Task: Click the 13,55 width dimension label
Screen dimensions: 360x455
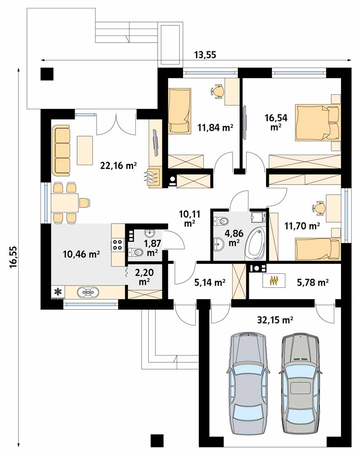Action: click(205, 54)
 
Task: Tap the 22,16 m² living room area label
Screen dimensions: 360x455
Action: click(118, 166)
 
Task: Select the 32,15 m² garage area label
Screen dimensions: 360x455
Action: click(275, 320)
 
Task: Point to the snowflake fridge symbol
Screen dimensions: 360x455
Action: click(58, 292)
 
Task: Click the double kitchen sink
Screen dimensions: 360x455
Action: click(88, 292)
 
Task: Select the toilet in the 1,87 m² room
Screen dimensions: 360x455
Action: click(136, 252)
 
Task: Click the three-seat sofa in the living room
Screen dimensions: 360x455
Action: click(61, 150)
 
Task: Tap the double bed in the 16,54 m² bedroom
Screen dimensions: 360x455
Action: click(317, 123)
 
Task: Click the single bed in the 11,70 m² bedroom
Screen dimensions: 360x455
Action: click(317, 249)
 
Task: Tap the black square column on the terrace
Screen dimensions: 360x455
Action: click(47, 74)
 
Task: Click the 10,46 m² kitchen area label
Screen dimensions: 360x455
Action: click(81, 254)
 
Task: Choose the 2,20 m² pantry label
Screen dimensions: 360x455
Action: click(144, 276)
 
